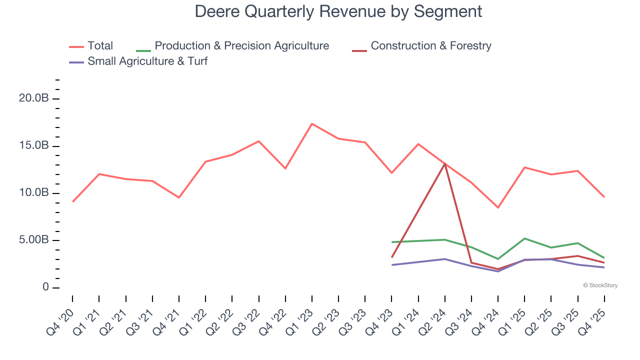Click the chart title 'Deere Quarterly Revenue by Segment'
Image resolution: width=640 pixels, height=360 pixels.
(x=338, y=11)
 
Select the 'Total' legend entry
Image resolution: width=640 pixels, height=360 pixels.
(x=100, y=46)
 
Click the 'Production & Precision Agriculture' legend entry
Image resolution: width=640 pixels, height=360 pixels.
(x=241, y=46)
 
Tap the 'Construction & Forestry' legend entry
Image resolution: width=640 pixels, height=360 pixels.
(x=430, y=46)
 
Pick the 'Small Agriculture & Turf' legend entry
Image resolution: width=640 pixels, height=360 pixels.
(x=147, y=61)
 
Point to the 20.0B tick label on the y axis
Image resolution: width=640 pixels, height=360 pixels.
(x=33, y=98)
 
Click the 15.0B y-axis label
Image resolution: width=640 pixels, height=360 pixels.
(x=33, y=146)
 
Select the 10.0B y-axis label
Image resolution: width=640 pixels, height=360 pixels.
(x=33, y=193)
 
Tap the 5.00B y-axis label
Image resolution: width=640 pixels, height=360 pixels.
(x=33, y=240)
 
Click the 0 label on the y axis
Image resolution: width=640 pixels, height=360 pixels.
(x=45, y=287)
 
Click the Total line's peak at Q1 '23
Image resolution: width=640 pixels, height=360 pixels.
(x=312, y=123)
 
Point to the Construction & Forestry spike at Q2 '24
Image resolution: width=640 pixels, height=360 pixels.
(x=445, y=163)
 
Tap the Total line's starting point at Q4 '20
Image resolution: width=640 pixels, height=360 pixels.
(x=72, y=201)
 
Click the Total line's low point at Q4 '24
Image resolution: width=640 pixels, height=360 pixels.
(x=498, y=207)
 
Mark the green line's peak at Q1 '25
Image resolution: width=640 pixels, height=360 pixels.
(x=524, y=238)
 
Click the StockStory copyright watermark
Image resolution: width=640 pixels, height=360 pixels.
(x=600, y=285)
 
